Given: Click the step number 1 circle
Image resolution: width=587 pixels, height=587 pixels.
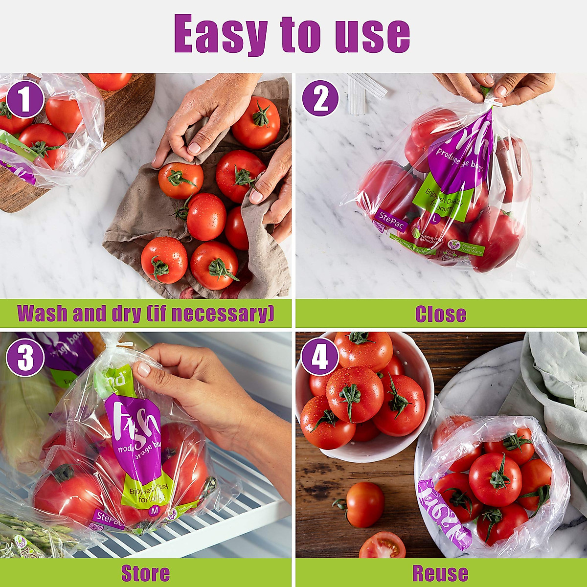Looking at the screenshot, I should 25,100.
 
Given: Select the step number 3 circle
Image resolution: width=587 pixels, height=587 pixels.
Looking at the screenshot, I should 24,359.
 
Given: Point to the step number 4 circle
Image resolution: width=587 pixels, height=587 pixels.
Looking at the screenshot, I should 319,357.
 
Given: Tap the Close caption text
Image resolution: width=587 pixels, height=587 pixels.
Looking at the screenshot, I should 440,314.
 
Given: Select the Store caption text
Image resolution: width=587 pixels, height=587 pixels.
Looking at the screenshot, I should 145,573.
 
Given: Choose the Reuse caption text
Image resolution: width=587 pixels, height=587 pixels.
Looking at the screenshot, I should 440,573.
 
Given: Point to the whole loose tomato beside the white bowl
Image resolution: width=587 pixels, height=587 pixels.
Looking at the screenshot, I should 364,504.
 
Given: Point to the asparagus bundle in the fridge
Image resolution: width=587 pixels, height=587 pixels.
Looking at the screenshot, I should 29,538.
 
